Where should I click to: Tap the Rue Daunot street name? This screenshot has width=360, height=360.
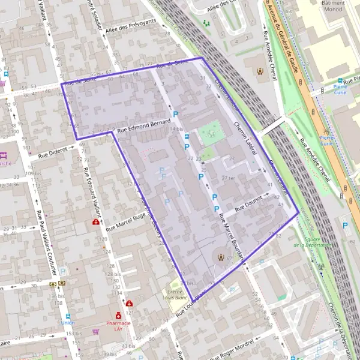[x=248, y=205]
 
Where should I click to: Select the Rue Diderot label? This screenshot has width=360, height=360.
[x=53, y=152]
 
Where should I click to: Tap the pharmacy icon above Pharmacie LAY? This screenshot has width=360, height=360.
[x=119, y=314]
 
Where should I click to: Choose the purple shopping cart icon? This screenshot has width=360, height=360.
[x=96, y=331]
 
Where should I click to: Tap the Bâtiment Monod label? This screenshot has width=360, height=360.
[x=333, y=7]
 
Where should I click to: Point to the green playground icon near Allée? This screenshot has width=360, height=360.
[x=206, y=23]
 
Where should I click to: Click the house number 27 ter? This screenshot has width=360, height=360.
[x=228, y=178]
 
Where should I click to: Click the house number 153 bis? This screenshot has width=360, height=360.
[x=75, y=334]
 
